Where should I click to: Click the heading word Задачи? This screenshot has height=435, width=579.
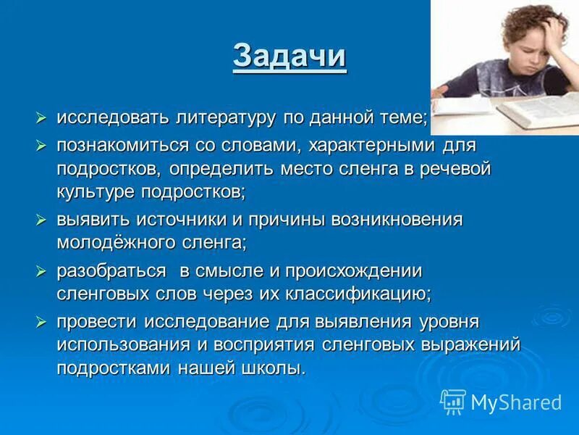point(289,57)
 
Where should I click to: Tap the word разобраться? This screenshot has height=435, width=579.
point(111,271)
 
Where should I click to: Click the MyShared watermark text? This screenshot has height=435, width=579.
point(516,402)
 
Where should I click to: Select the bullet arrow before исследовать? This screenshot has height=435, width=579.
point(43,117)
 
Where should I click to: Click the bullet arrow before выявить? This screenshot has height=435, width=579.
point(43,219)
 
